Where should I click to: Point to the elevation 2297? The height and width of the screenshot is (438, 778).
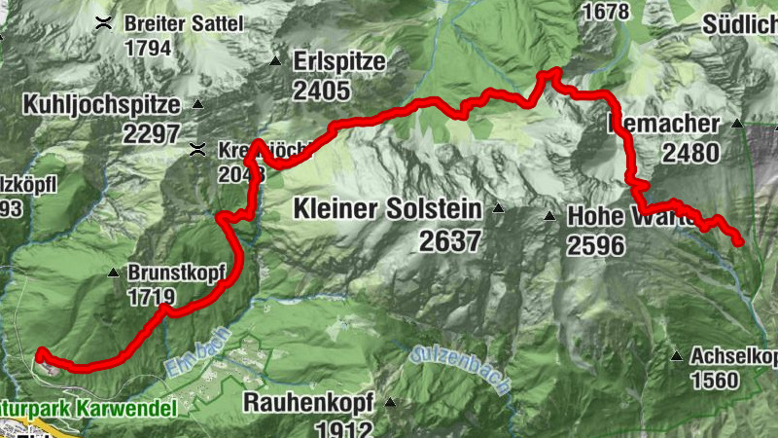pos(153,133)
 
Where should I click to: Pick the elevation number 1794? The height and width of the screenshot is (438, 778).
pos(148,48)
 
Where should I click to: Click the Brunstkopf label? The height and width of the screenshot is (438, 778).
pos(168,274)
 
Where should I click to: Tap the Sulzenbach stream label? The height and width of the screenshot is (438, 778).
pos(461,369)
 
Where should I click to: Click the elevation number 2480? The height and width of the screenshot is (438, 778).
pos(690,153)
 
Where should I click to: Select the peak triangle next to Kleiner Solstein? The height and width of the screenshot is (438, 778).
pos(498,208)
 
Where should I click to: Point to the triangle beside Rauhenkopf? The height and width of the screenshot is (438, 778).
pos(390,401)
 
